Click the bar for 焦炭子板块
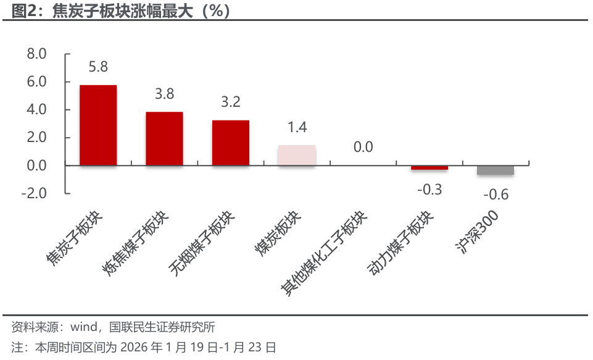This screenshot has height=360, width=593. [x=98, y=125]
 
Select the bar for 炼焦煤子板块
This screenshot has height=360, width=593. [x=164, y=139]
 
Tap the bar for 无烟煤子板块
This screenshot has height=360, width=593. [x=230, y=143]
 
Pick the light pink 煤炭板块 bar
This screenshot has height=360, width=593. [x=297, y=156]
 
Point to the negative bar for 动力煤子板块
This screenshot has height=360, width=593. [x=429, y=167]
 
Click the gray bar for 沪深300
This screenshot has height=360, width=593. [x=496, y=170]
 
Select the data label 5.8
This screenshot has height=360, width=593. [x=98, y=67]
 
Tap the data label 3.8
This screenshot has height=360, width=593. [x=164, y=94]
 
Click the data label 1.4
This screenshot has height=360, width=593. [x=297, y=127]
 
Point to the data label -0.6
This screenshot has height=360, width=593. [x=496, y=195]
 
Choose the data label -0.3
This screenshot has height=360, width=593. [x=429, y=190]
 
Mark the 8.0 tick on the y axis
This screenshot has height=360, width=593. [x=37, y=54]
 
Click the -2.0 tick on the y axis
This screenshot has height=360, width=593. [x=35, y=193]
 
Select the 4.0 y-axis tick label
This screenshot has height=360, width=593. [x=37, y=110]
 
